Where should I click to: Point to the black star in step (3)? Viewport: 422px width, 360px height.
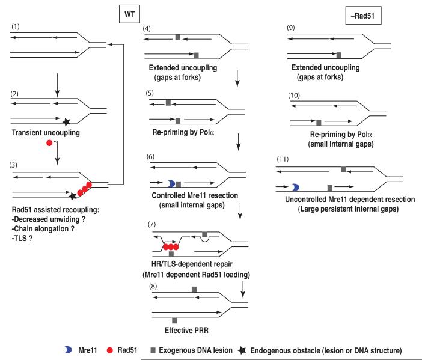(x=73, y=196)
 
